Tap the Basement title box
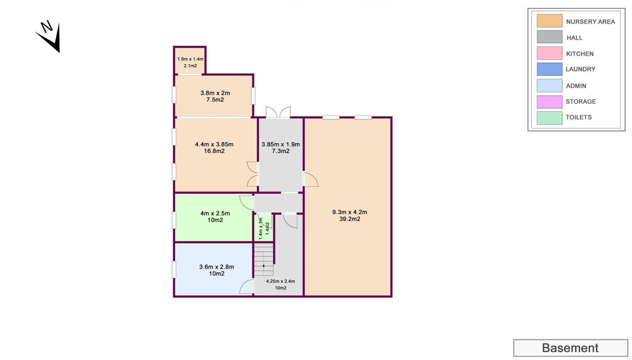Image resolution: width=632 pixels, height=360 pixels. click(x=570, y=348)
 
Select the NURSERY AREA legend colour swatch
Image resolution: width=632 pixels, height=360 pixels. click(x=549, y=22)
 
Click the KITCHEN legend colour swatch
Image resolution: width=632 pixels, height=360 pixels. click(x=549, y=54)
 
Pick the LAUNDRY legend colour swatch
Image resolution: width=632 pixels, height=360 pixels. click(x=549, y=69)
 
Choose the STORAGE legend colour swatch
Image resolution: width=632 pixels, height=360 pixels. click(x=549, y=101)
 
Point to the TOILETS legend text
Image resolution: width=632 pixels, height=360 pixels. click(x=579, y=117)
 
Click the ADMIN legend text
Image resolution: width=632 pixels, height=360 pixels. click(x=576, y=86)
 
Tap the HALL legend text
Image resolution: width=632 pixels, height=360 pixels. click(x=575, y=38)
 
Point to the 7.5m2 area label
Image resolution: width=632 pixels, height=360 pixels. click(x=215, y=99)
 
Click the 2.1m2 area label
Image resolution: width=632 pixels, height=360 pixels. click(x=190, y=65)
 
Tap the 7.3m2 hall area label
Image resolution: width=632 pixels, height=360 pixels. click(x=280, y=151)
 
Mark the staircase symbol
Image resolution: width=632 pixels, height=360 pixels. click(x=264, y=260)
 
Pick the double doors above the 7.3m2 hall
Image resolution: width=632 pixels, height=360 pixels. click(x=278, y=112)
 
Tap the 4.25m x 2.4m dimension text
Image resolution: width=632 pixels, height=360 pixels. click(x=280, y=281)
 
